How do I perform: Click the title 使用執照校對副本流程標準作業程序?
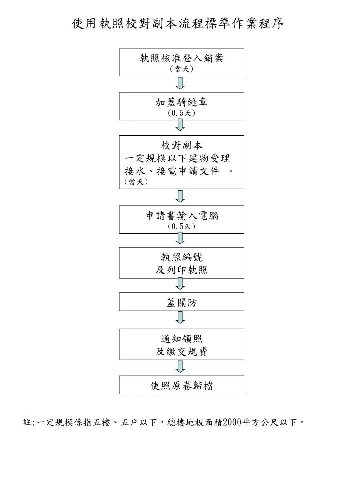[x=178, y=23]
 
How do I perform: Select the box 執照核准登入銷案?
[x=181, y=62]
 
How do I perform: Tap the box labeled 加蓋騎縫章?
[x=181, y=106]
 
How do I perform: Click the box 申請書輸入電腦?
[x=181, y=220]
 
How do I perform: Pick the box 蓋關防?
[x=181, y=302]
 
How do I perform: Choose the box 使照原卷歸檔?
[x=181, y=385]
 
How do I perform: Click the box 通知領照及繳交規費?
[x=181, y=344]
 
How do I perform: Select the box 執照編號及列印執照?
[x=181, y=263]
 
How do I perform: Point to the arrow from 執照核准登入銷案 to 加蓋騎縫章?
[x=180, y=83]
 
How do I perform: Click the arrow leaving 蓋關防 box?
[x=180, y=318]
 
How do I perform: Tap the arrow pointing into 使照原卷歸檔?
[x=180, y=366]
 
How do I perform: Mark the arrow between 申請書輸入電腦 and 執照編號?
[x=180, y=238]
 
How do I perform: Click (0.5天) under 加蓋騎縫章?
[x=181, y=113]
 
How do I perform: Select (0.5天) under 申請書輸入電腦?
[x=181, y=227]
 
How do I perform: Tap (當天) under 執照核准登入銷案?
[x=181, y=69]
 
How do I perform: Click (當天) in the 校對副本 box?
[x=136, y=182]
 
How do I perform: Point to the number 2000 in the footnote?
[x=232, y=423]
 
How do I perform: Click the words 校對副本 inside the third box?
[x=182, y=145]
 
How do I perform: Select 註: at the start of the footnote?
[x=29, y=423]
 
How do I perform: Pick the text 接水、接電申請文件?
[x=172, y=171]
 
